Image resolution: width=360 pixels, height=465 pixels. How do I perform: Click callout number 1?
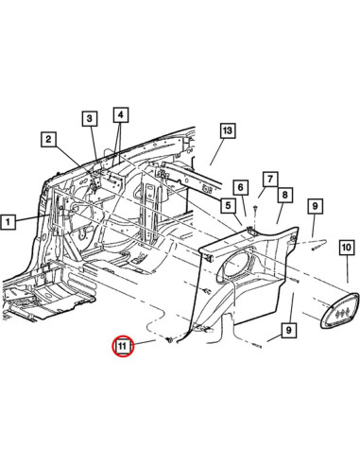(x=9, y=223)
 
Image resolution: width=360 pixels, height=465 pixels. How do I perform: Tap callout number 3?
(x=89, y=118)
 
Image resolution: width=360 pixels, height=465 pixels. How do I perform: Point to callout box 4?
(x=120, y=115)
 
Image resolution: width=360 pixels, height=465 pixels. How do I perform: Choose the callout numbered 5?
(x=228, y=205)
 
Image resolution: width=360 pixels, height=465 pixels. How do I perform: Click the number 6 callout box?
(x=240, y=187)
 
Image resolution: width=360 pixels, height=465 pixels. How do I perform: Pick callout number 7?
(x=269, y=179)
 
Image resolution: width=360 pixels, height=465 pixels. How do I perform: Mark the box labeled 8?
(x=283, y=195)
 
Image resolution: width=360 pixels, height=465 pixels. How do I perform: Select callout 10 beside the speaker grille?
(x=346, y=248)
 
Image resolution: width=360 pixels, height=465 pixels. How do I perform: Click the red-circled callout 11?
(x=123, y=348)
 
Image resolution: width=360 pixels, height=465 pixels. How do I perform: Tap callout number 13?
(x=227, y=130)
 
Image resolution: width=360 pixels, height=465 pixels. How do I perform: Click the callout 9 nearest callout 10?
(x=316, y=205)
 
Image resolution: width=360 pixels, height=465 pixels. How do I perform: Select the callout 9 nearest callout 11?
(x=287, y=331)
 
